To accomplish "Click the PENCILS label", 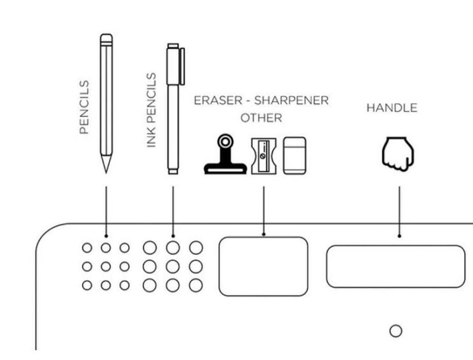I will pos(84,107).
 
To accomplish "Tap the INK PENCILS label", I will pos(151,110).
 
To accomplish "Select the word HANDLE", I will pos(391,108).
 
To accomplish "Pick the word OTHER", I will pos(261,118).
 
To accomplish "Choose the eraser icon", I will pos(295,155).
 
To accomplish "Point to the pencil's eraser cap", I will pos(106,39).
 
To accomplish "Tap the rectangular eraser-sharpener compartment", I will pos(264,266).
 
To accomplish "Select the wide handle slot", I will pos(395,266).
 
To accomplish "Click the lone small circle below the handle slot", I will pos(395,331).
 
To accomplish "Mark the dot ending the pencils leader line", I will pos(106,235).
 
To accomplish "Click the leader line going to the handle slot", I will pos(399,211).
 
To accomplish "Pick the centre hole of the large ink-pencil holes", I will pos(173,266).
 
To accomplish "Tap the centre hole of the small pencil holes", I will pos(106,266).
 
